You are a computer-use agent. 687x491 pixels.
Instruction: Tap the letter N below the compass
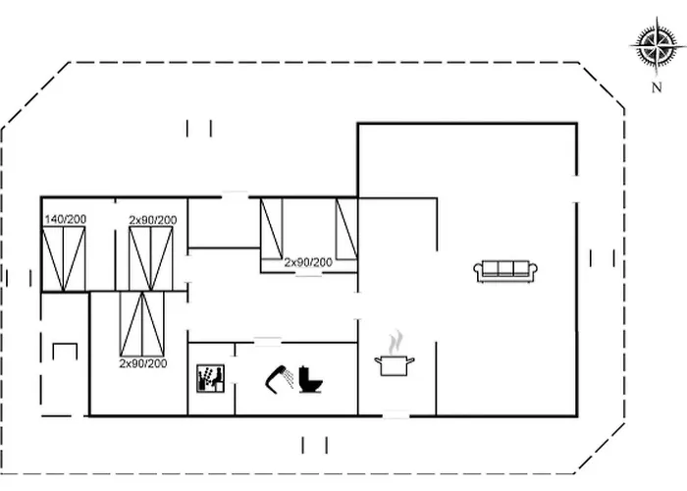point(657,87)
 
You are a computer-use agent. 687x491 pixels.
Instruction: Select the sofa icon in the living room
point(505,271)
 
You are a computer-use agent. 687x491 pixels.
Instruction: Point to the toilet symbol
point(311,380)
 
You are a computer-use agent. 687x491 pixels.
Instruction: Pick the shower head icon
point(280,379)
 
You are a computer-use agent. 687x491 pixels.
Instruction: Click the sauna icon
point(210,378)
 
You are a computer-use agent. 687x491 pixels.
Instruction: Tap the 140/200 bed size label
point(66,219)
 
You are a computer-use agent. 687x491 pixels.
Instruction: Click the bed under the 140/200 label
point(64,259)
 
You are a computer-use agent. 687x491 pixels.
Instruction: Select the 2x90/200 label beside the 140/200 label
point(153,220)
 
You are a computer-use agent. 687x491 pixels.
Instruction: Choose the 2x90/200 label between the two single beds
point(308,262)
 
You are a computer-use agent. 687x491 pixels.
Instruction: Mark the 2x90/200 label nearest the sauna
point(143,363)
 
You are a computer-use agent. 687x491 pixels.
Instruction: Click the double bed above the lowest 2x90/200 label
point(142,324)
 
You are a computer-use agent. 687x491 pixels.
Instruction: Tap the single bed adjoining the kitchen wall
point(346,229)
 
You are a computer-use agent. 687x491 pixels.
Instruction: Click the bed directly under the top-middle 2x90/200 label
point(151,259)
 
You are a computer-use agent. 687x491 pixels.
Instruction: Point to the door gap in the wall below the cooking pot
point(396,415)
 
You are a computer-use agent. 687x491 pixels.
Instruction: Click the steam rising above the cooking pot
point(396,342)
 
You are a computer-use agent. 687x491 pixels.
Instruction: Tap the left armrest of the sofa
point(478,272)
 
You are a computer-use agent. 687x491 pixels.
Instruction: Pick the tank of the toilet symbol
point(304,375)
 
